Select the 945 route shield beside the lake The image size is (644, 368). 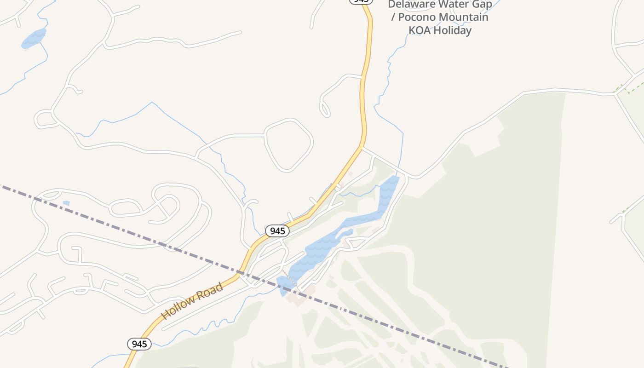click(x=277, y=231)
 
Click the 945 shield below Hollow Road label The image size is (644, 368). click(x=139, y=344)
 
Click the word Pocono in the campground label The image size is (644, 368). click(x=417, y=17)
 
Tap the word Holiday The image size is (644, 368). click(x=453, y=30)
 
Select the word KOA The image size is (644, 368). click(x=420, y=30)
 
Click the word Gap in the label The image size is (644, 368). click(x=482, y=5)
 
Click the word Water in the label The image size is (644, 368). click(x=454, y=5)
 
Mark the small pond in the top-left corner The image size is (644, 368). click(x=34, y=39)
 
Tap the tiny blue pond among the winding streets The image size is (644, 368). click(x=66, y=203)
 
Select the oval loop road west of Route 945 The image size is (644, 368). click(x=289, y=145)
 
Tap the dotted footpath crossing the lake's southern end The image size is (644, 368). click(x=289, y=278)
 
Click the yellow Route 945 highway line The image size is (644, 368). click(x=364, y=92)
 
